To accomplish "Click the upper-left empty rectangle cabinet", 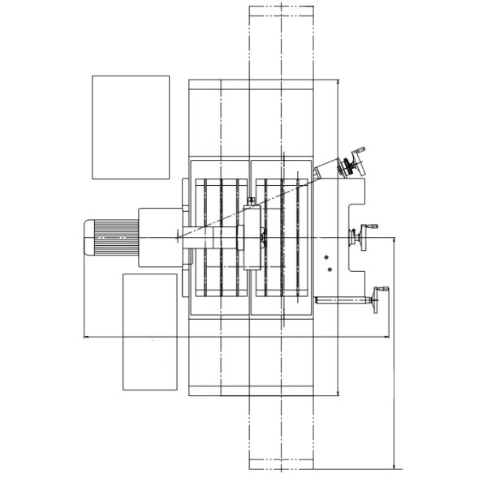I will click(131, 127).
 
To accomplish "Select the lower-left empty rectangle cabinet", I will click(149, 331).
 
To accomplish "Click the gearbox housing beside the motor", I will click(157, 236).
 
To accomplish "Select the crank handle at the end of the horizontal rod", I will click(377, 300).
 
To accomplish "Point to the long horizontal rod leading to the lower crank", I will click(341, 300).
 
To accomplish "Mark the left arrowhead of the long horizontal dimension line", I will click(87, 336).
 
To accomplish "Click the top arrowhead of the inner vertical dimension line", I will click(336, 82).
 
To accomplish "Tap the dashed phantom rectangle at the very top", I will click(281, 41).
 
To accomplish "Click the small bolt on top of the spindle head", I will click(251, 200).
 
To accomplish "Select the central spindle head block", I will click(252, 237).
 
